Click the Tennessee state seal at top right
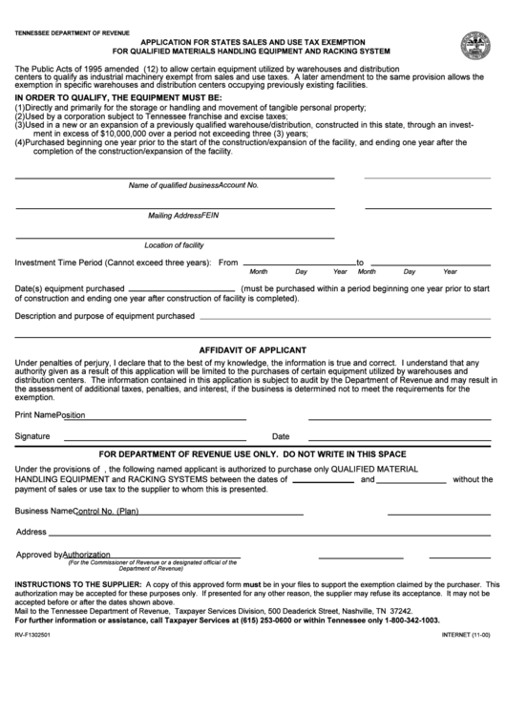click(474, 46)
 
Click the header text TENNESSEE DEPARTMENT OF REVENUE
click(73, 32)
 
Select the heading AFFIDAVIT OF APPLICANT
click(252, 349)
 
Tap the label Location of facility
click(174, 245)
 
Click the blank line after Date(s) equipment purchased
click(180, 287)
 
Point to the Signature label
click(32, 435)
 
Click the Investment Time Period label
click(111, 262)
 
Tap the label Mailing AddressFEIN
click(183, 216)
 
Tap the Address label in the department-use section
click(31, 532)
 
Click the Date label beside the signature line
click(281, 435)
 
